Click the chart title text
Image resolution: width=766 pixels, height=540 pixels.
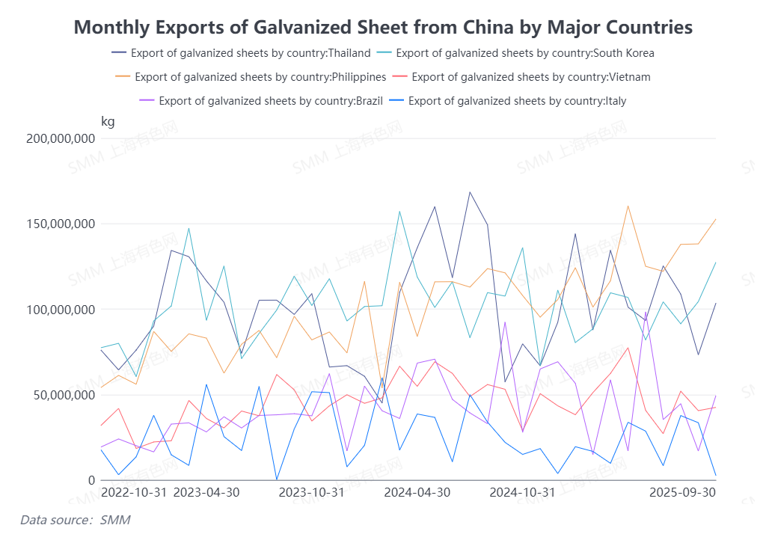[x=383, y=28]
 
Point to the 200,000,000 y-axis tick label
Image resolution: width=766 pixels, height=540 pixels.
[x=61, y=138]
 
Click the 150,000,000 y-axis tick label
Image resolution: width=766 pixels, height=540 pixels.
[x=61, y=224]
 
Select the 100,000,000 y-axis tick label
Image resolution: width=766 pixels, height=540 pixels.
[x=61, y=310]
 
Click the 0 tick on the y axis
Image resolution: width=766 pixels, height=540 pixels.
[x=92, y=480]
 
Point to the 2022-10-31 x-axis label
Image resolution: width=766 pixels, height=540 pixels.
[x=134, y=492]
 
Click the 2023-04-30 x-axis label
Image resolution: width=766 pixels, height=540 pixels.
[x=206, y=492]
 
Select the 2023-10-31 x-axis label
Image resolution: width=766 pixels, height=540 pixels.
[x=311, y=492]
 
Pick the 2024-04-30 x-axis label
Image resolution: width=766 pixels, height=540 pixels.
[x=417, y=492]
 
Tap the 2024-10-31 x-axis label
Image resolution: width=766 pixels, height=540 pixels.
[x=522, y=492]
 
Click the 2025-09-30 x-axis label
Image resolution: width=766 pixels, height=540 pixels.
[x=682, y=492]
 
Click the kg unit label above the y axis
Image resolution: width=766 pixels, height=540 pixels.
[x=108, y=121]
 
